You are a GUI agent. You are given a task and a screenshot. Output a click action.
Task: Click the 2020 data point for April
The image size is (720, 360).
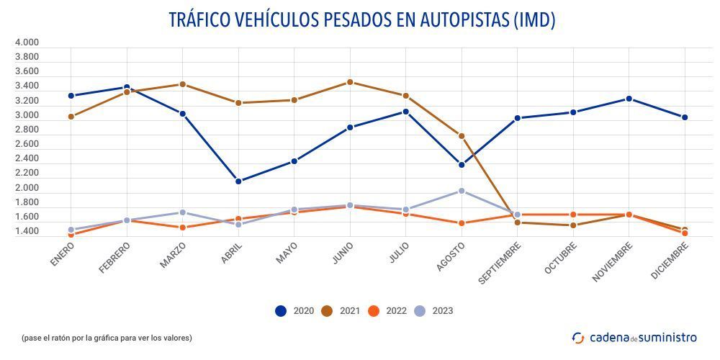pos(238,181)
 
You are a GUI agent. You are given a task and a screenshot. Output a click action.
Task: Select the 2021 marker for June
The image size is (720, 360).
pos(350,82)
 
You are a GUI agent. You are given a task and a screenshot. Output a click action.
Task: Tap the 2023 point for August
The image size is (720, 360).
pos(462,191)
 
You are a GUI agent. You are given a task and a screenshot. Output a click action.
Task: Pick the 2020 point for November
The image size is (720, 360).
pos(629,99)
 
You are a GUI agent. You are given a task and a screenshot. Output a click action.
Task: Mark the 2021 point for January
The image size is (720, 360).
pos(71,117)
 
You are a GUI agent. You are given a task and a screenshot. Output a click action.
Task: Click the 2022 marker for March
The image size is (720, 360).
pos(183,228)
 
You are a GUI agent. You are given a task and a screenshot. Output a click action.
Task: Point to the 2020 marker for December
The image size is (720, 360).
pos(685,117)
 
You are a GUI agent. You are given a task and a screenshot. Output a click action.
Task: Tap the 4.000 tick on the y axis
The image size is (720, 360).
pos(27,42)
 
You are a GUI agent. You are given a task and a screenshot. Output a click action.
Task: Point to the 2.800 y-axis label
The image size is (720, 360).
pos(27,130)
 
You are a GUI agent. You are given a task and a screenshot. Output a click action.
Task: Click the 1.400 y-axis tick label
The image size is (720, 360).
pos(27,232)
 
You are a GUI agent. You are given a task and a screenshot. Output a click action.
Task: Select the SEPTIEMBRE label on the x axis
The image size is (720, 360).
pos(499,263)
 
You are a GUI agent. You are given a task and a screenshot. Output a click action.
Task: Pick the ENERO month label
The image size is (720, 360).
pos(63,255)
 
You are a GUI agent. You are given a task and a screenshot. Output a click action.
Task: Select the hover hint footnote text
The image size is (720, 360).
pos(107,337)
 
